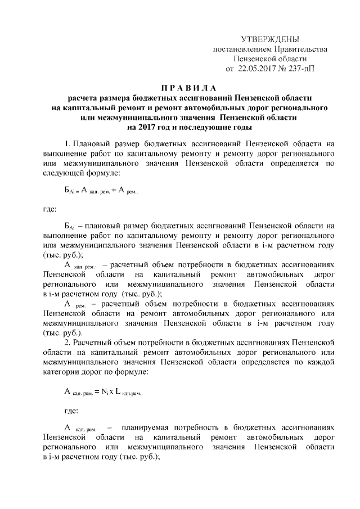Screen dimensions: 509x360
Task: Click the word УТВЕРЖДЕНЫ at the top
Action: (x=270, y=39)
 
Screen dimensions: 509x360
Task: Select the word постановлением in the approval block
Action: (x=239, y=49)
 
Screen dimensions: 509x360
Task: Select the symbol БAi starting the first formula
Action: (x=70, y=191)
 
